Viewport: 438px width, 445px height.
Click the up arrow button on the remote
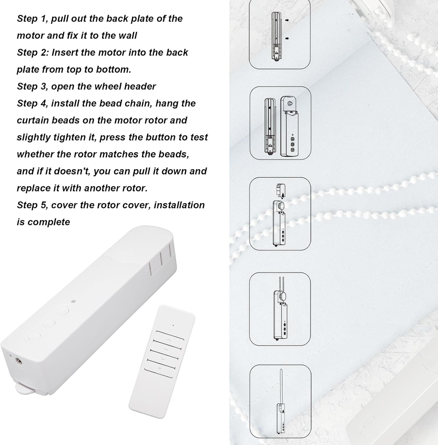coord(168,339)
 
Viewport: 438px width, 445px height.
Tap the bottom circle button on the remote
coord(159,368)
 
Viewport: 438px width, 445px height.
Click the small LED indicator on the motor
coord(73,302)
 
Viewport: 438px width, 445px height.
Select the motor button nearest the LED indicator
coord(63,311)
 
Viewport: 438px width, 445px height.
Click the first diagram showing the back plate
coord(279,34)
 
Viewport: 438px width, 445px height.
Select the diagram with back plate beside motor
coord(280,123)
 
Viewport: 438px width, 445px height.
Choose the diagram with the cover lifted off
coord(280,214)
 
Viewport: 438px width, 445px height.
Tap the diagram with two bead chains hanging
coord(280,309)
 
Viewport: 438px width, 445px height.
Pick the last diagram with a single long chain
coord(280,405)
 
